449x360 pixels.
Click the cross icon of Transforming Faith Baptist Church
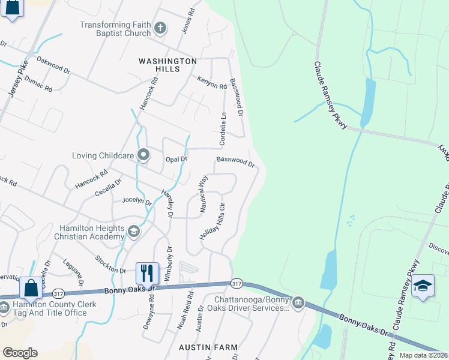[x=160, y=28]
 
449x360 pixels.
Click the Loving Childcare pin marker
[x=143, y=155]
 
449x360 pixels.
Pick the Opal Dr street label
[x=176, y=159]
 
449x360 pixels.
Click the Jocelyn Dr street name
[x=137, y=201]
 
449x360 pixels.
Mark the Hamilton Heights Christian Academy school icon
[x=134, y=231]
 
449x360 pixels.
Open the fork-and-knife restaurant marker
[x=147, y=273]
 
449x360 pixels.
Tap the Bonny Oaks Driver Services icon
[x=298, y=302]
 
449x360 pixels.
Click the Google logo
[x=20, y=353]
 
